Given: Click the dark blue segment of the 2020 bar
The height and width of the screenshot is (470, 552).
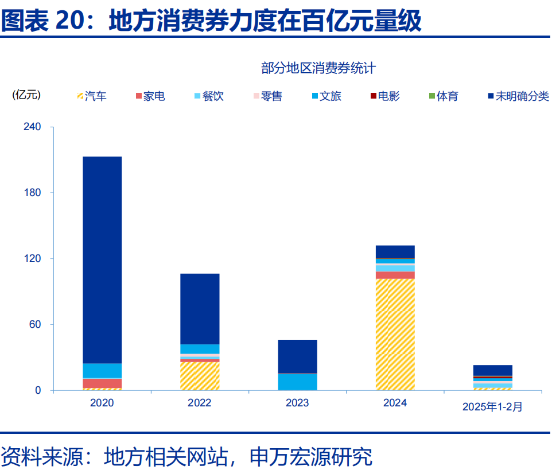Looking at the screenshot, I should (102, 260).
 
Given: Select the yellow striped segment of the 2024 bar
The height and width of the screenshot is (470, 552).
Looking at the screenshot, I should (395, 334).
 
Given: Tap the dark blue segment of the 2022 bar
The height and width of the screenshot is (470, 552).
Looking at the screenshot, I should (200, 308).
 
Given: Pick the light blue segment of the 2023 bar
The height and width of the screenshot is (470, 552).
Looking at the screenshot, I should (297, 381).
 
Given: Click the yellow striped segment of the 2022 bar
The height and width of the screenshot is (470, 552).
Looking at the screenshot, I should (200, 376).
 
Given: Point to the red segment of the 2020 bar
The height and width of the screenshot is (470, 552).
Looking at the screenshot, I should (102, 383).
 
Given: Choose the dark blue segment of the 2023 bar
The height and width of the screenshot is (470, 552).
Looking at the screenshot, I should (297, 356).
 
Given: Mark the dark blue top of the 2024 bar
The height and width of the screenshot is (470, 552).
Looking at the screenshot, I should (395, 252).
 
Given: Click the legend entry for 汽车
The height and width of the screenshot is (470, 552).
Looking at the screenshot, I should (91, 96).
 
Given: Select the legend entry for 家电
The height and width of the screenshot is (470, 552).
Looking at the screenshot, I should (150, 96).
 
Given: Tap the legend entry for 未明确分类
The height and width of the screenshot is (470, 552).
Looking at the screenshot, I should (518, 96).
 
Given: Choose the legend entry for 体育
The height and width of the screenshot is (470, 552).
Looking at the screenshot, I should (443, 96).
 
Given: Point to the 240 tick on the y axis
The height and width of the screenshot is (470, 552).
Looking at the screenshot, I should (32, 127).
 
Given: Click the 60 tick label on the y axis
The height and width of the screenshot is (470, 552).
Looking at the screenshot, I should (35, 324).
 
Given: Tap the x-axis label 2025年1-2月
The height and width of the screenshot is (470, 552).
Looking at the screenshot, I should (492, 406).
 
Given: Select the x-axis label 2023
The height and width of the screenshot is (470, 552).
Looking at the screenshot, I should (297, 403).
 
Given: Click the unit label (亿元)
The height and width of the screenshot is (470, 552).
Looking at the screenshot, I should (26, 95).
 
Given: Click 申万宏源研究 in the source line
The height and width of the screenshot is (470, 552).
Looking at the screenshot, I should (311, 456).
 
